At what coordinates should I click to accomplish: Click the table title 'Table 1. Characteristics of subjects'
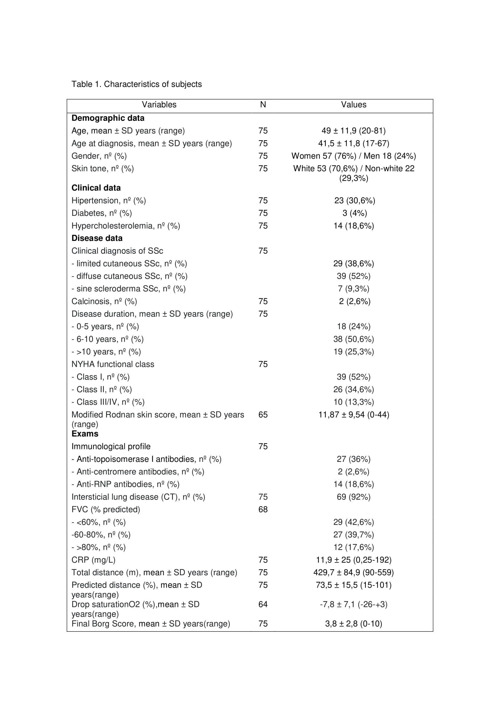(136, 84)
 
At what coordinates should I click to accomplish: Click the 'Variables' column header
(159, 105)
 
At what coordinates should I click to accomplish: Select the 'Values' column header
(353, 105)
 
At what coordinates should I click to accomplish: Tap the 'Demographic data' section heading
(108, 118)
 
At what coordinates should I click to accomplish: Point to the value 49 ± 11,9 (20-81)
(353, 131)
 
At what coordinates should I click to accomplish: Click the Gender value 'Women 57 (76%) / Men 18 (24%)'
(353, 156)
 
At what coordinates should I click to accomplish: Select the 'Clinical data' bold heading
(96, 188)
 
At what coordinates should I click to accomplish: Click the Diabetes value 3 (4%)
(354, 213)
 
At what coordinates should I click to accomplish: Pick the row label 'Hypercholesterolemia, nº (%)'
(126, 226)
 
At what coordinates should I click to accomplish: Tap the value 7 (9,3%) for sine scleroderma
(353, 289)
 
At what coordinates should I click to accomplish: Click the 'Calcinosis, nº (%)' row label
(104, 301)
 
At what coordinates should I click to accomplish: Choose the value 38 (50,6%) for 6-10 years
(353, 339)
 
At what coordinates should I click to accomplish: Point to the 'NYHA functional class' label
(113, 364)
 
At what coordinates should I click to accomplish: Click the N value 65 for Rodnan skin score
(263, 415)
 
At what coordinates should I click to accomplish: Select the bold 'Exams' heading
(85, 434)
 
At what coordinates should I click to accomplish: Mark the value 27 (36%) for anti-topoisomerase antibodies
(353, 459)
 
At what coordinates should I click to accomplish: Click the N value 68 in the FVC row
(263, 510)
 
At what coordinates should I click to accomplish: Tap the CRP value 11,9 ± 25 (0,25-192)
(353, 560)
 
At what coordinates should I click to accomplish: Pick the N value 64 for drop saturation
(263, 605)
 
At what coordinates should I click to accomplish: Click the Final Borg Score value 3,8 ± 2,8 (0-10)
(353, 624)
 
